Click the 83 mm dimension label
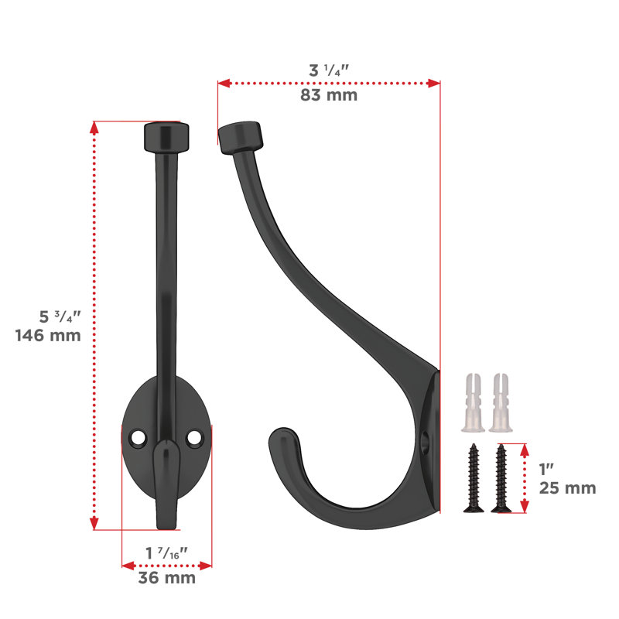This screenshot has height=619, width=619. click(329, 95)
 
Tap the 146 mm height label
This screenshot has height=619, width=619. click(48, 336)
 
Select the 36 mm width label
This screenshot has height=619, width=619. click(167, 578)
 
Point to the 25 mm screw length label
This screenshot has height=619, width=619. click(568, 488)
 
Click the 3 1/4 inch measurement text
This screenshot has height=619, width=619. click(329, 70)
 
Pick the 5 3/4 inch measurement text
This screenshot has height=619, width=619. click(60, 316)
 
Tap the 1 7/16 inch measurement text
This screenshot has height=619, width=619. click(166, 553)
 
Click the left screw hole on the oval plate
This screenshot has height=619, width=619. click(139, 438)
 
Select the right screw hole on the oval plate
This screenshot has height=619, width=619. click(194, 437)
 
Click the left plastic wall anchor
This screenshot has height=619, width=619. click(473, 402)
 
